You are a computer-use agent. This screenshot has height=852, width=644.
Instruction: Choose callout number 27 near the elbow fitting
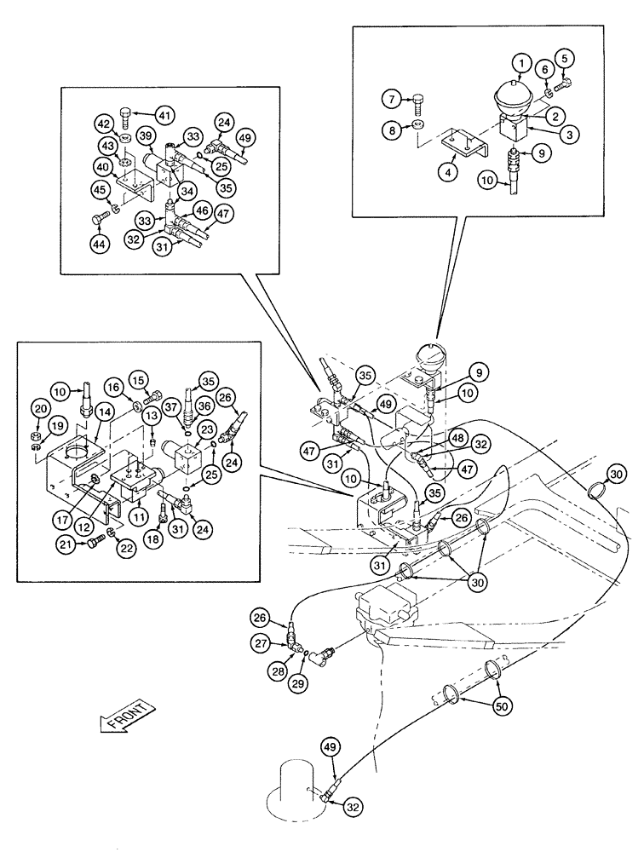pyautogui.click(x=261, y=640)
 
